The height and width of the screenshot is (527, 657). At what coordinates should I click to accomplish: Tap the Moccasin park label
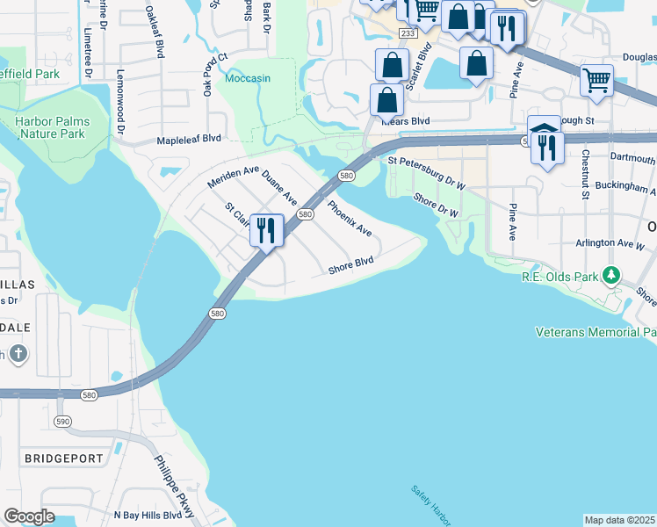click(x=248, y=78)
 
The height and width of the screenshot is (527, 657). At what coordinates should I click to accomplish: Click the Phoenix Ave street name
click(x=350, y=219)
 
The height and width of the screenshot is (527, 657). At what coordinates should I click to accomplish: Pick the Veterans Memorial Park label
click(x=596, y=332)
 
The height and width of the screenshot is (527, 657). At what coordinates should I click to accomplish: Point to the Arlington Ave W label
click(x=610, y=243)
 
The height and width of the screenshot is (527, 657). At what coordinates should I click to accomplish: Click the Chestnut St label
click(x=584, y=174)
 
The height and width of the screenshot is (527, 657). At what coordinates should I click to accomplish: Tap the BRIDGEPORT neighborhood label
click(x=64, y=458)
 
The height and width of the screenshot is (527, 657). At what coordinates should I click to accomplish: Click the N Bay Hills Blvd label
click(x=148, y=515)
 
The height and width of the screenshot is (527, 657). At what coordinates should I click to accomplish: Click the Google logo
click(x=29, y=516)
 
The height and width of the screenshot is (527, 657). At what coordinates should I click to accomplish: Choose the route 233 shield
click(x=407, y=32)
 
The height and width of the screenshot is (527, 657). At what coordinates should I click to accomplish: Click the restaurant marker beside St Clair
click(x=266, y=231)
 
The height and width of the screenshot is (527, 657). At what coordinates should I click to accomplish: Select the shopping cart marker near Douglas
click(x=596, y=81)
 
